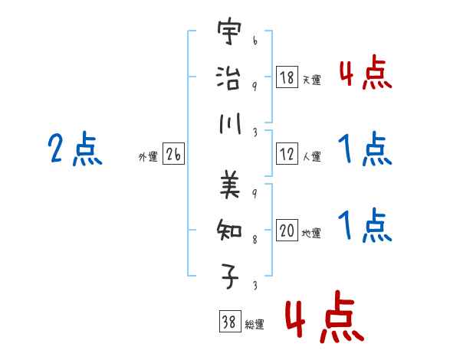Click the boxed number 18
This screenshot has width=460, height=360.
[x=287, y=77]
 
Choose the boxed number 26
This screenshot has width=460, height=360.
[x=173, y=155]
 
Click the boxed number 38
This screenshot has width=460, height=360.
[x=228, y=322]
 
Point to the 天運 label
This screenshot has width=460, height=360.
[x=311, y=80]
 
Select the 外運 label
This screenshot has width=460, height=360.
[x=148, y=157]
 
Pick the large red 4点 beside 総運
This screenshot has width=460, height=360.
[x=323, y=316]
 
